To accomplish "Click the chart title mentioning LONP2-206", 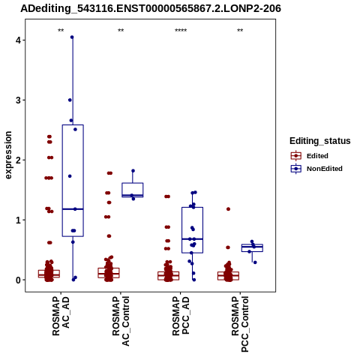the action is [151, 8].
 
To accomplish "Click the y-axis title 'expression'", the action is [8, 155].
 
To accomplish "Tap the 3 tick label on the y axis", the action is [19, 100].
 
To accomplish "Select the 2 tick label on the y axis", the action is [19, 160].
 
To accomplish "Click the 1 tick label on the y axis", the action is [19, 220].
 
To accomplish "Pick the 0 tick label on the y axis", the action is [19, 280].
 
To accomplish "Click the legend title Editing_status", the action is [320, 141].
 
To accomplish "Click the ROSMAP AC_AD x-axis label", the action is [61, 316].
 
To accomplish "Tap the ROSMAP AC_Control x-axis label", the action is [121, 321].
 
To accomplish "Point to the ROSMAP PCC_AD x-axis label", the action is [181, 316].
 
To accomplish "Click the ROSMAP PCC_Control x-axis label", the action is [240, 324].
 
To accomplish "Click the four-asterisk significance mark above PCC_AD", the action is [181, 31].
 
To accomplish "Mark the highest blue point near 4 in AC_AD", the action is [72, 37].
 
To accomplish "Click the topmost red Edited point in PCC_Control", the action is [228, 209].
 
